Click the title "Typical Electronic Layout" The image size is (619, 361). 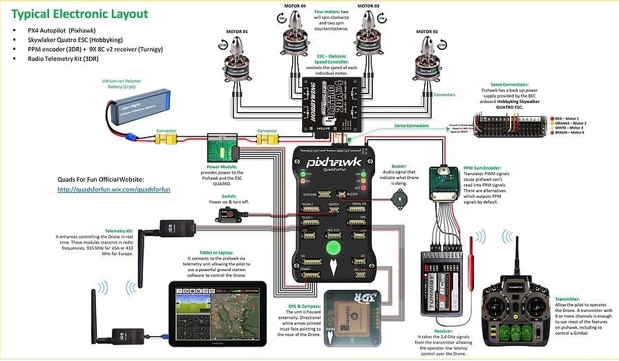coord(80,14)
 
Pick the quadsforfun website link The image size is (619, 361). coord(113,189)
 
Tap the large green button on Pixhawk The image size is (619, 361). coord(334,248)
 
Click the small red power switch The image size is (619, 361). coord(226,216)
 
